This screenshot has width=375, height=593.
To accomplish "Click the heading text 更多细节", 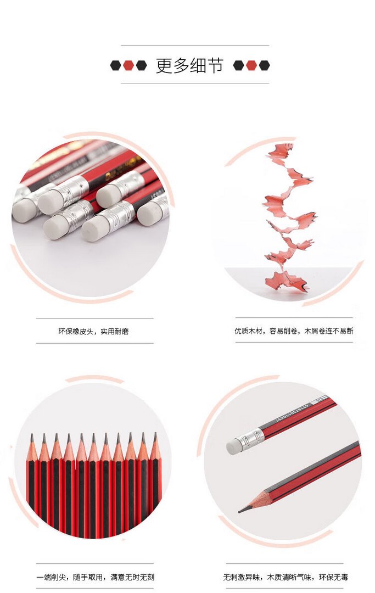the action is coord(189,65).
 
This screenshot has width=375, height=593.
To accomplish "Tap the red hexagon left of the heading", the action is coord(128,65).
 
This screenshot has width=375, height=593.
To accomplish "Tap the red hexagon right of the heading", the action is coord(251,65).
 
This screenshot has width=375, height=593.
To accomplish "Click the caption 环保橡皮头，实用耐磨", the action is coord(93,332).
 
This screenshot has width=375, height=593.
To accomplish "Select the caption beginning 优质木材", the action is coord(294,331).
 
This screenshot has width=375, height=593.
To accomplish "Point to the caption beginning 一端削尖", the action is coord(96,577).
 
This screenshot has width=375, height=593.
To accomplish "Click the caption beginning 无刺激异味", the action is coord(286,577).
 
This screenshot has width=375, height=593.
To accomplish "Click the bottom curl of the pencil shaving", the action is coord(286,281).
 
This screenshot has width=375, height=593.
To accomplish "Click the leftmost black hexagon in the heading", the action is coord(115,65).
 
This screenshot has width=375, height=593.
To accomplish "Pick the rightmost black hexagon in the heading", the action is coord(264,65).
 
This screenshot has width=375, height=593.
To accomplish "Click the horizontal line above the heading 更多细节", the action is coord(195,46).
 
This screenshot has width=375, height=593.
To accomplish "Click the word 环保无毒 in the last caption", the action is coord(333,577).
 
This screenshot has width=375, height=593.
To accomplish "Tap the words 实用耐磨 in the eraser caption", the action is coord(115,332).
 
